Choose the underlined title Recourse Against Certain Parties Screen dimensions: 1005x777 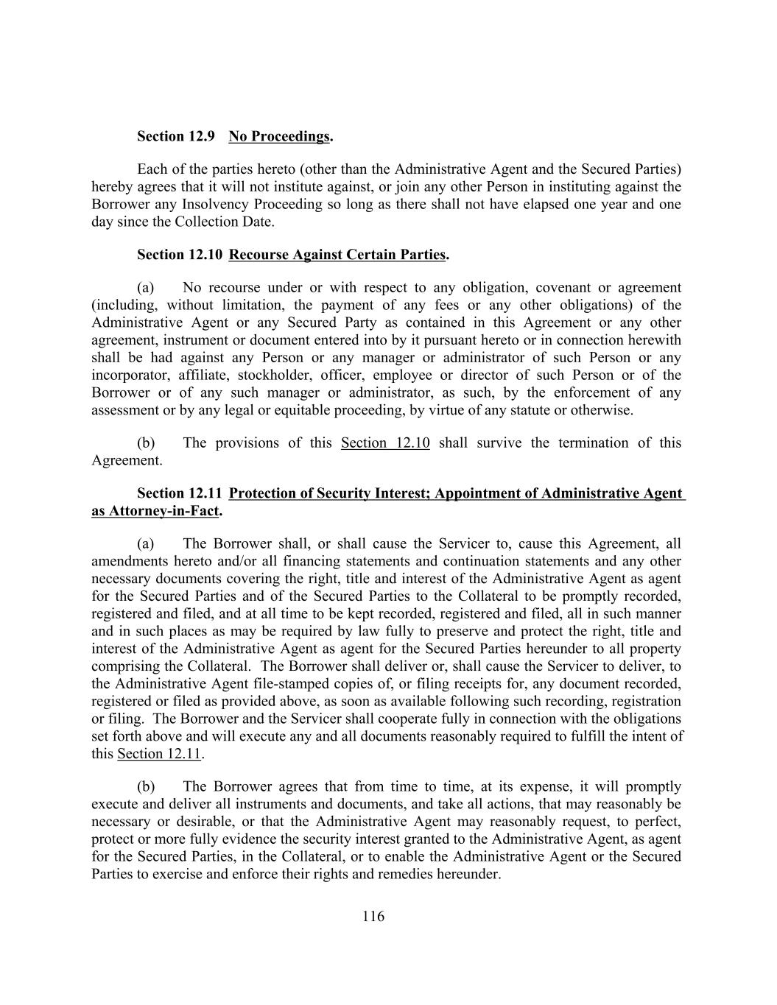pyautogui.click(x=337, y=255)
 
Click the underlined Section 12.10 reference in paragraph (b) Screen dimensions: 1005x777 pyautogui.click(x=385, y=443)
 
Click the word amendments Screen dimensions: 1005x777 pyautogui.click(x=126, y=561)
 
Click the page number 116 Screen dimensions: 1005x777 pyautogui.click(x=373, y=917)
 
